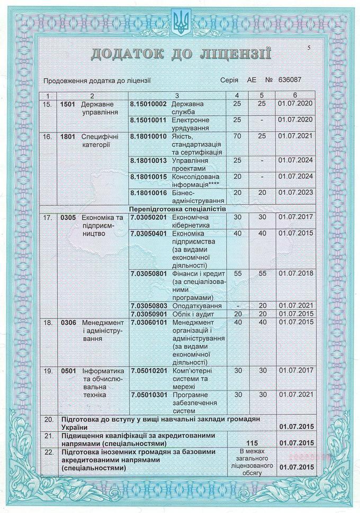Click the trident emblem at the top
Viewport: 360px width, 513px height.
[x=180, y=22]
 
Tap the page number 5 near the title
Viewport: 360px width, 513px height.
[x=309, y=48]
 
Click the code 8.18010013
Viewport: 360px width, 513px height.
[x=149, y=160]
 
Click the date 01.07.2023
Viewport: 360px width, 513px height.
[x=295, y=193]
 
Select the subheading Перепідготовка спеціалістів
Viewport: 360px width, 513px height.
[x=177, y=209]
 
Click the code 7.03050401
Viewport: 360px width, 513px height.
[x=149, y=233]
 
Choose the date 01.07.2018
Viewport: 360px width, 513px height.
[x=295, y=273]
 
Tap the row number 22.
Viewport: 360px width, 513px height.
[x=49, y=451]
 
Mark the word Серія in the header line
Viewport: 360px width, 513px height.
[x=230, y=81]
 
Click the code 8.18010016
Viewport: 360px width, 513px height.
[x=149, y=193]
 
